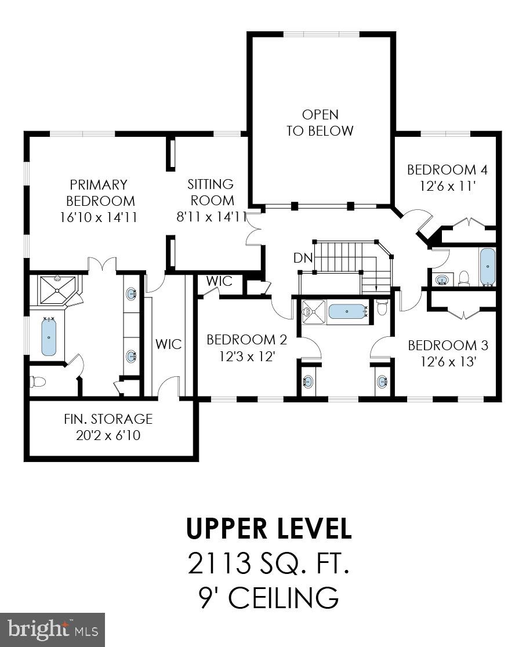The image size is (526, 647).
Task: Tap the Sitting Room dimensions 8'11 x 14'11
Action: [x=211, y=217]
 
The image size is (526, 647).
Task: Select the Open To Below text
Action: [x=320, y=123]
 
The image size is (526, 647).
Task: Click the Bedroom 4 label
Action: [x=447, y=170]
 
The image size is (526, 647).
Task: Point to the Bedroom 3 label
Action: [x=448, y=346]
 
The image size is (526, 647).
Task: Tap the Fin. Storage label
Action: [x=108, y=419]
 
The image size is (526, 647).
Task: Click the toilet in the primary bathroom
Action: [x=39, y=382]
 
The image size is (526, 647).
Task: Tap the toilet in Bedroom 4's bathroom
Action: [x=463, y=279]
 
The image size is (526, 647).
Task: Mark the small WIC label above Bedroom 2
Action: [x=219, y=281]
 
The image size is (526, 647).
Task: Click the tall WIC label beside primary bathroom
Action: [x=168, y=344]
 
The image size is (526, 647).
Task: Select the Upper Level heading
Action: [x=269, y=529]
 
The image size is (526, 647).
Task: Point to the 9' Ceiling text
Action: [x=269, y=597]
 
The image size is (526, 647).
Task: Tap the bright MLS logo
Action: [x=52, y=630]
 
